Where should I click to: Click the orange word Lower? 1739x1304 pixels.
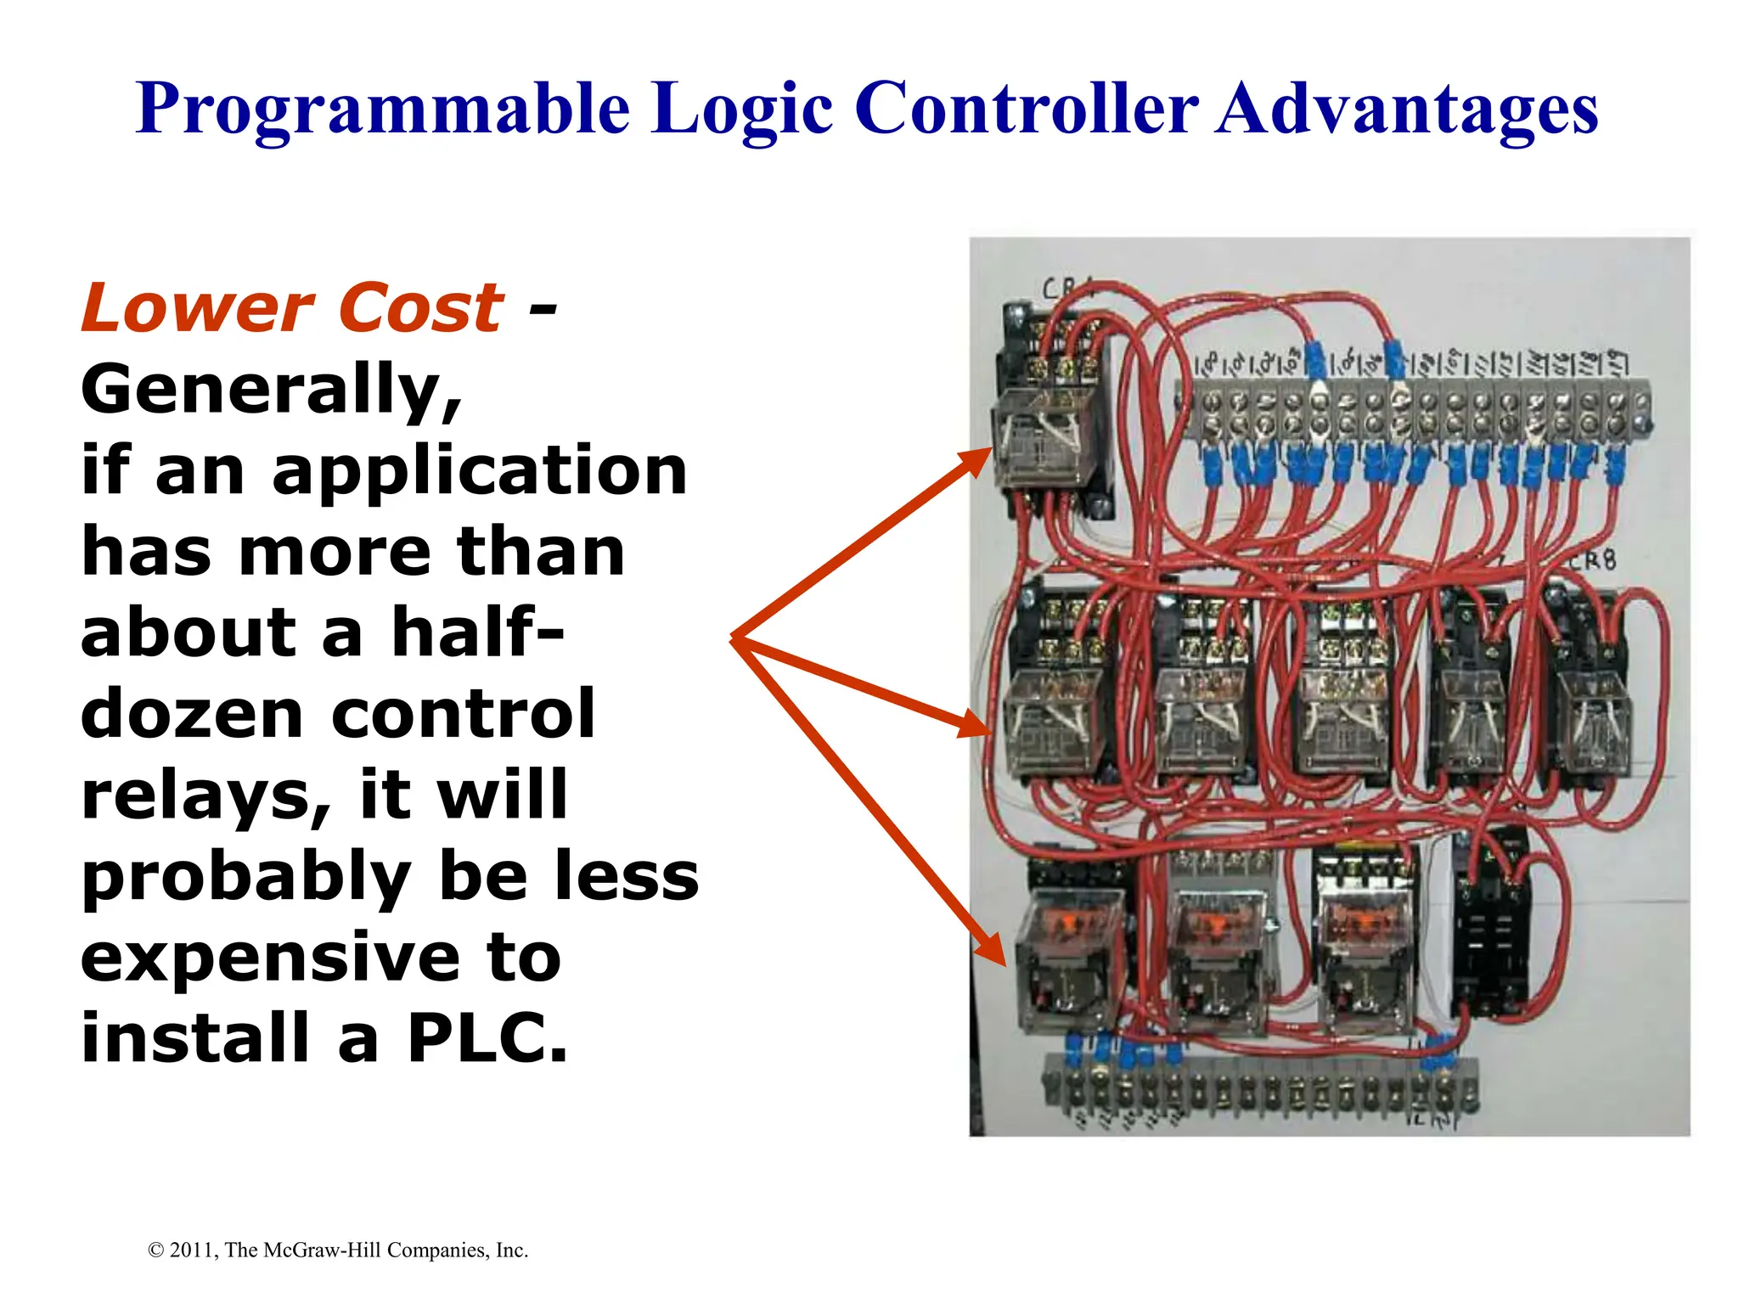click(x=198, y=307)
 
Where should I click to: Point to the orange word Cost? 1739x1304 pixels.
click(x=421, y=307)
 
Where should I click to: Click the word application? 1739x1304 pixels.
click(x=479, y=470)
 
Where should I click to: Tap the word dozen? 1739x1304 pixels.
click(x=192, y=714)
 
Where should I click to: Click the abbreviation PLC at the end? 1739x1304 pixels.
click(x=486, y=1037)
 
